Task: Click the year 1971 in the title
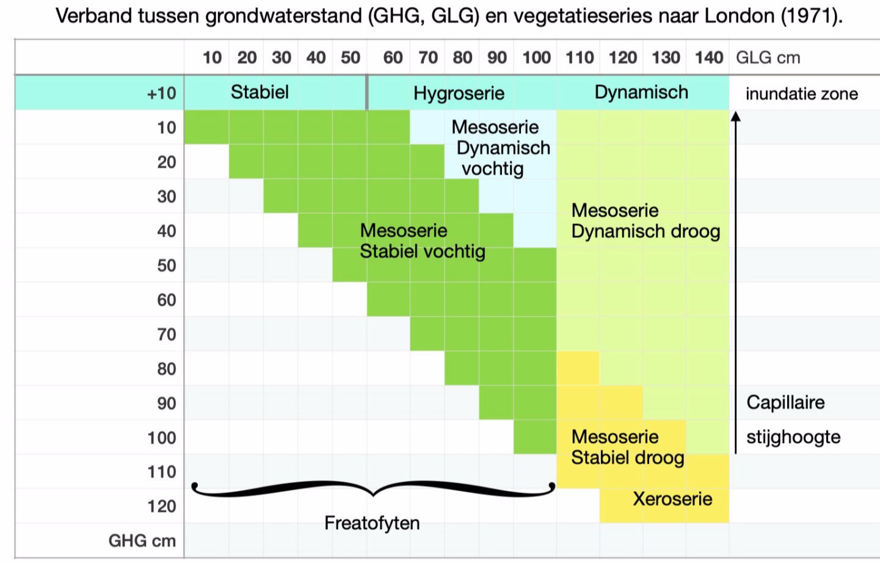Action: pos(809,15)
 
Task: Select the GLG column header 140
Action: pos(708,58)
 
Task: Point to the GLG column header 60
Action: pos(393,58)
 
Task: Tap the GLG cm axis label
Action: pos(768,58)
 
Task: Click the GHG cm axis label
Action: pos(142,541)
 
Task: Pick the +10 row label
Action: pos(161,93)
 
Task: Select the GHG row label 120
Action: pos(162,506)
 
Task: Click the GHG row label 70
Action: pos(166,334)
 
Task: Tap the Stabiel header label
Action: pos(260,92)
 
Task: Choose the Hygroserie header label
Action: pos(459,93)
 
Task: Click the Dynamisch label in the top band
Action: pos(641,92)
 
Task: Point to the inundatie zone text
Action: pos(801,94)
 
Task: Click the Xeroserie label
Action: pos(672,499)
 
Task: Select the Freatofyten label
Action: pos(372,523)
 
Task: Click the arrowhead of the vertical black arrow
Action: pos(736,116)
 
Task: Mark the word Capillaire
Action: pos(785,403)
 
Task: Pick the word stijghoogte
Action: pos(793,437)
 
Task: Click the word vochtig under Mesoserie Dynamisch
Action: pos(492,169)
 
